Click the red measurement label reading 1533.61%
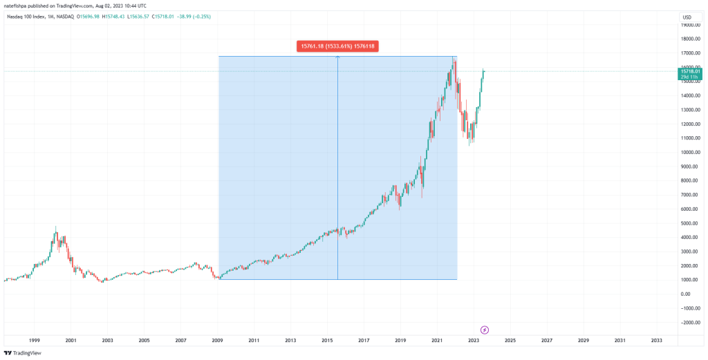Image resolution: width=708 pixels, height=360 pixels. [338, 46]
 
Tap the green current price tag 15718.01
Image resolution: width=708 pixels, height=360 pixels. [691, 73]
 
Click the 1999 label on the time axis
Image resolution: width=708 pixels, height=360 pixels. [35, 341]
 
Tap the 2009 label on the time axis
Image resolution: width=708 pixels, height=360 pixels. [217, 341]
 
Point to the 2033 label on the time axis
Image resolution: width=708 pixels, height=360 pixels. [656, 341]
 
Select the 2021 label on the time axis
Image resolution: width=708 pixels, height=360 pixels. [437, 341]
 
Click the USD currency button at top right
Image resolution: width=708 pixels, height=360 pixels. [687, 17]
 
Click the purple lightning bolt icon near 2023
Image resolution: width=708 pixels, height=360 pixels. [485, 330]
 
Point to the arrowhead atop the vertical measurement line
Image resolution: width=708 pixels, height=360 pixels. [337, 57]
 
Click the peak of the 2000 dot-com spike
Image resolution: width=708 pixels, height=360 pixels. [56, 227]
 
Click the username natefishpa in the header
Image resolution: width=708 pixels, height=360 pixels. [17, 6]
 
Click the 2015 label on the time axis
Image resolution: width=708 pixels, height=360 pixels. [327, 341]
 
